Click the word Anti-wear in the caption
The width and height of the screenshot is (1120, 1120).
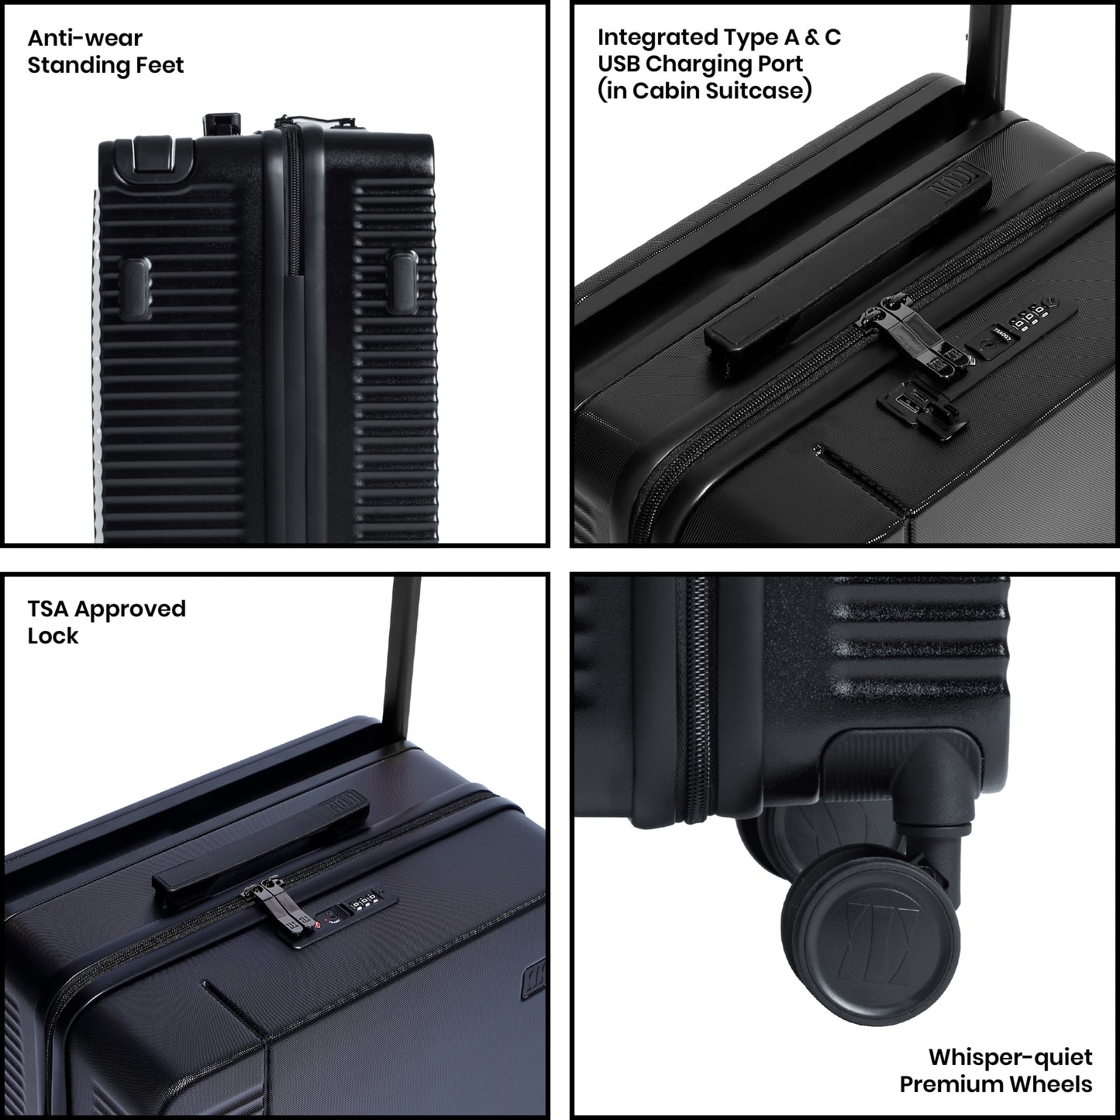[x=84, y=38]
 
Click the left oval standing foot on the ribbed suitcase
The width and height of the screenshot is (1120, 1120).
[x=136, y=289]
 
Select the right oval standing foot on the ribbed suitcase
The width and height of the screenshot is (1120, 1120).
[x=404, y=281]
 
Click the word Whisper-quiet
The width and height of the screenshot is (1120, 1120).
[x=1010, y=1057]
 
